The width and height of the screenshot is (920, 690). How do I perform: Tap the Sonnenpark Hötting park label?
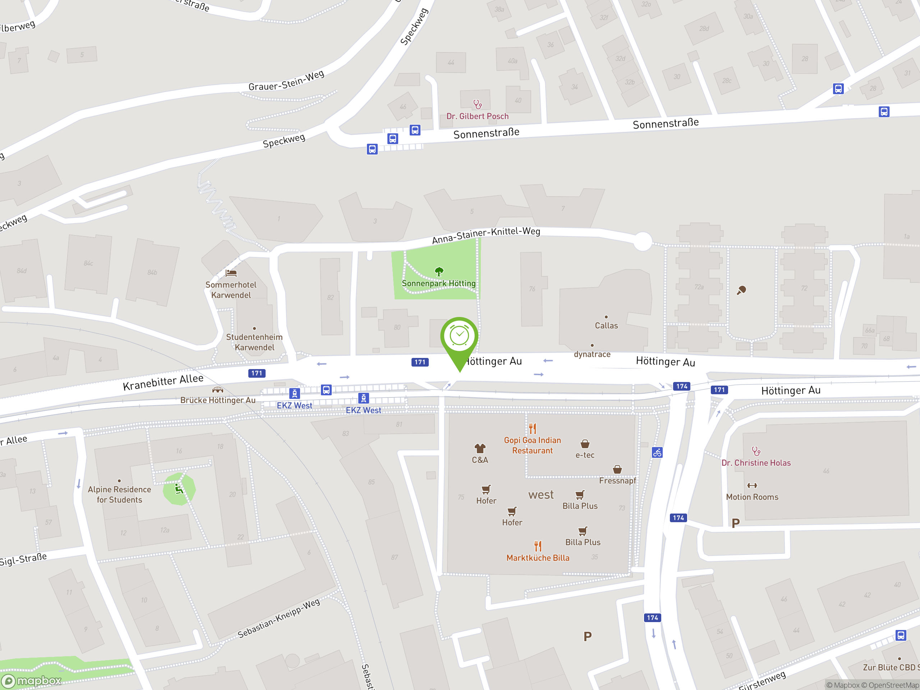coord(438,283)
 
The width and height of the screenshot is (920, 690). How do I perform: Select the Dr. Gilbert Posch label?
coord(478,116)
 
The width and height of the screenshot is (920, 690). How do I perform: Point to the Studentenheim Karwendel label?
coord(254,342)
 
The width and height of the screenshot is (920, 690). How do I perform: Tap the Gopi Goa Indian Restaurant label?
coord(532,445)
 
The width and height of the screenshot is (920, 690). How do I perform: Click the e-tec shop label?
coord(585,455)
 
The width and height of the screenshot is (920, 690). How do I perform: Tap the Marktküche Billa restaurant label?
coord(538,558)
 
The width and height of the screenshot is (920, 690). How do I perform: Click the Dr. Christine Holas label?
coord(756,463)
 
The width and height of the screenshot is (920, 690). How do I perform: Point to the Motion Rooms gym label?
coord(752,497)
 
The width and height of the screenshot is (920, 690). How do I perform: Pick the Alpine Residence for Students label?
coord(119,494)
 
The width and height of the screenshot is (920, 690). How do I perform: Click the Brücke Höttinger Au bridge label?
coord(218,400)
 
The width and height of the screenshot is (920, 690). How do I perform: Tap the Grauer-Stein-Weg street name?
coord(286,81)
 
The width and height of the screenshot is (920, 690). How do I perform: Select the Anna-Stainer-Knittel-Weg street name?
coord(486,235)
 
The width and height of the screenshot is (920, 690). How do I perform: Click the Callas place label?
coord(606,326)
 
